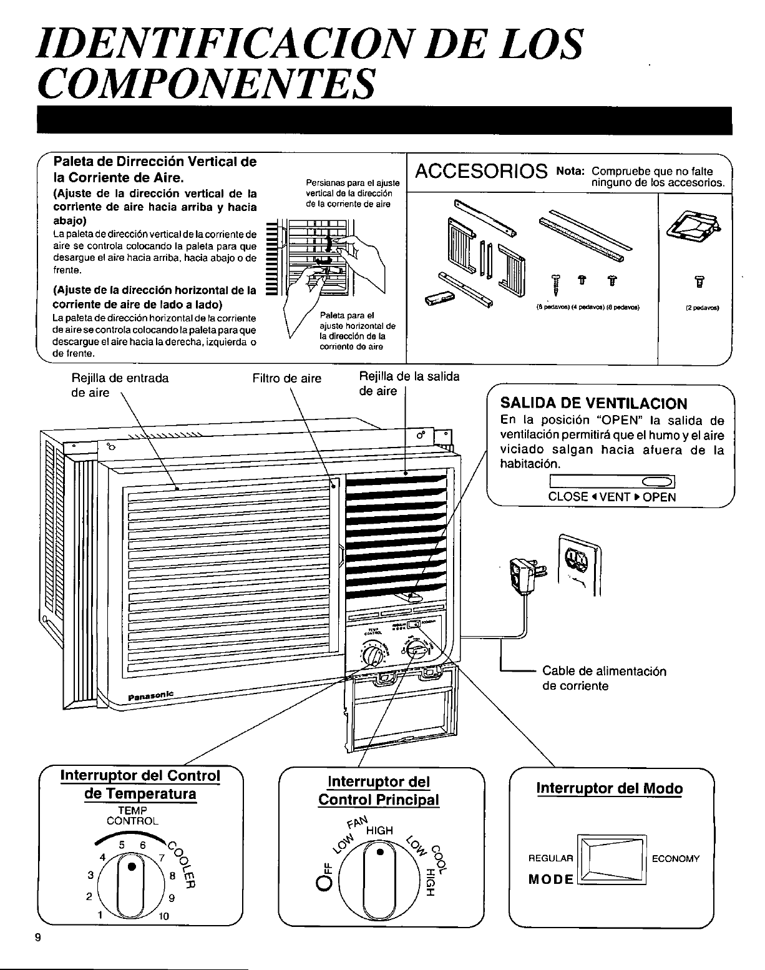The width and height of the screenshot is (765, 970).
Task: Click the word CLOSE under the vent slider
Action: click(x=568, y=497)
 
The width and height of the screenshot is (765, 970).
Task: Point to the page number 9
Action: click(x=38, y=938)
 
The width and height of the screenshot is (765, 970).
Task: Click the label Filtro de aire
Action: click(x=287, y=378)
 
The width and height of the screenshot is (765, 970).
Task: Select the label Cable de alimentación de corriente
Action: click(x=604, y=679)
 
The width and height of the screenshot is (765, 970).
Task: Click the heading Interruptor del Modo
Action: click(x=610, y=788)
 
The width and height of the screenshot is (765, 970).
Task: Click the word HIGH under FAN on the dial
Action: click(x=379, y=830)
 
